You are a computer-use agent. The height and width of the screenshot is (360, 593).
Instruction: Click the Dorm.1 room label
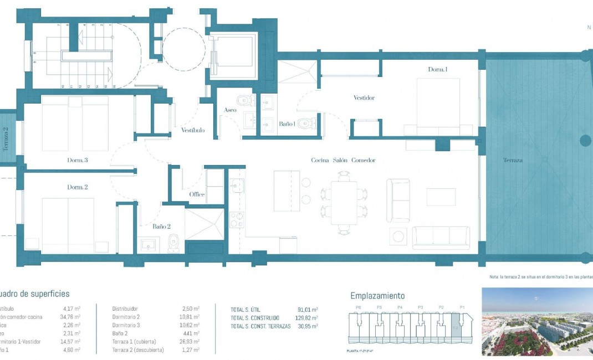pyautogui.click(x=437, y=69)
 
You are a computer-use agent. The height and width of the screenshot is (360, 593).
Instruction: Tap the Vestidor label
pyautogui.click(x=364, y=98)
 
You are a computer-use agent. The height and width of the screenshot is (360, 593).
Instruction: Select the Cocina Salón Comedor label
pyautogui.click(x=343, y=160)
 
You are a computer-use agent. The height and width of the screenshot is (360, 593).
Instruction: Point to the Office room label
pyautogui.click(x=197, y=194)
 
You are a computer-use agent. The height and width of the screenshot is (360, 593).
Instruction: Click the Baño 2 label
pyautogui.click(x=161, y=226)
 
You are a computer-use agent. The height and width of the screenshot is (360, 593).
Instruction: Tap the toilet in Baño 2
pyautogui.click(x=173, y=241)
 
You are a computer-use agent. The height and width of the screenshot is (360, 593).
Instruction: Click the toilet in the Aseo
pyautogui.click(x=243, y=100)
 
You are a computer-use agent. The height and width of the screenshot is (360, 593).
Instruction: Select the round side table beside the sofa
pyautogui.click(x=398, y=236)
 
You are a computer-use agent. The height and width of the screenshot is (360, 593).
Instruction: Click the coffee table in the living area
pyautogui.click(x=441, y=197)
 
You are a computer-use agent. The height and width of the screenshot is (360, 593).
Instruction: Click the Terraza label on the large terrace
pyautogui.click(x=513, y=160)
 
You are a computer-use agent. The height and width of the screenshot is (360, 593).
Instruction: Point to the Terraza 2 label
pyautogui.click(x=6, y=140)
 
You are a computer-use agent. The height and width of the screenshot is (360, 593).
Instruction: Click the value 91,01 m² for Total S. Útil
pyautogui.click(x=308, y=310)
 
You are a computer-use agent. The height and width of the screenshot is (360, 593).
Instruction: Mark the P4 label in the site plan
pyautogui.click(x=400, y=307)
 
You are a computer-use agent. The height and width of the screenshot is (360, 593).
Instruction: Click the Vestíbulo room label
pyautogui.click(x=193, y=130)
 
